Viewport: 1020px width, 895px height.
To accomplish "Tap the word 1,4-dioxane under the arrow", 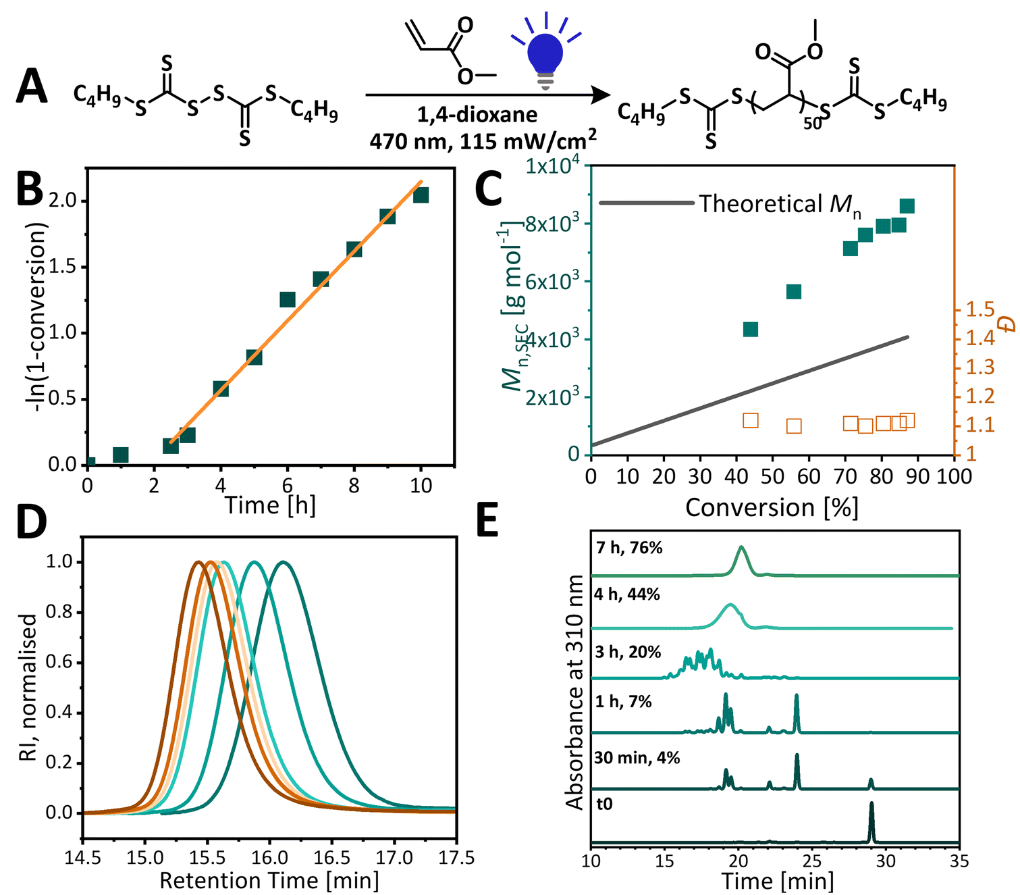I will (477, 115).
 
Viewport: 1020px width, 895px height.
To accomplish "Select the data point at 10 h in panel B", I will (421, 195).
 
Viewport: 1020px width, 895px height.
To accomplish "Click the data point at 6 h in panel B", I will (288, 299).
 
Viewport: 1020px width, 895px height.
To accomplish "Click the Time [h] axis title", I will (270, 505).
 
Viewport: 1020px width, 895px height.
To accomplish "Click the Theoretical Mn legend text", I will (780, 204).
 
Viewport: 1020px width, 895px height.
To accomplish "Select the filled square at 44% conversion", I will (750, 329).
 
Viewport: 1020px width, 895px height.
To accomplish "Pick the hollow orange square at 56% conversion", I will (794, 426).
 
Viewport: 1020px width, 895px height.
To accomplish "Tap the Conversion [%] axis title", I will (772, 508).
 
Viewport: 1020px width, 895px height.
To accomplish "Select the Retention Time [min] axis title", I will (269, 881).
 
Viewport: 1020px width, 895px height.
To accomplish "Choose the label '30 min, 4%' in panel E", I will (637, 758).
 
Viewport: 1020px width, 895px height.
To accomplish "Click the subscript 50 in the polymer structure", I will (812, 124).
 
